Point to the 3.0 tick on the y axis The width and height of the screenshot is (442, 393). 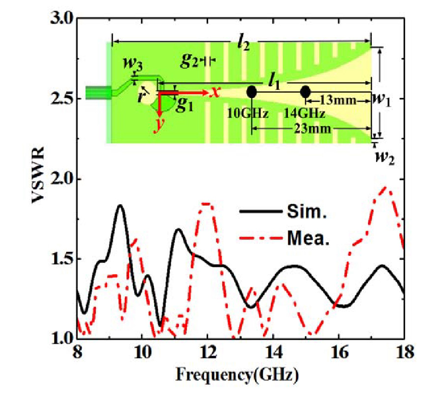[x=62, y=19]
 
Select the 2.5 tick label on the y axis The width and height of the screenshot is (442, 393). [x=62, y=99]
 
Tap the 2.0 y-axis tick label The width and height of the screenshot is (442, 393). [x=62, y=179]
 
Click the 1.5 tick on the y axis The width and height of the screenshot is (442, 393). [x=62, y=259]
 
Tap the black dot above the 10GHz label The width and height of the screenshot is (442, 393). [x=252, y=92]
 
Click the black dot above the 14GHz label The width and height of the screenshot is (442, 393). [x=305, y=92]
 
